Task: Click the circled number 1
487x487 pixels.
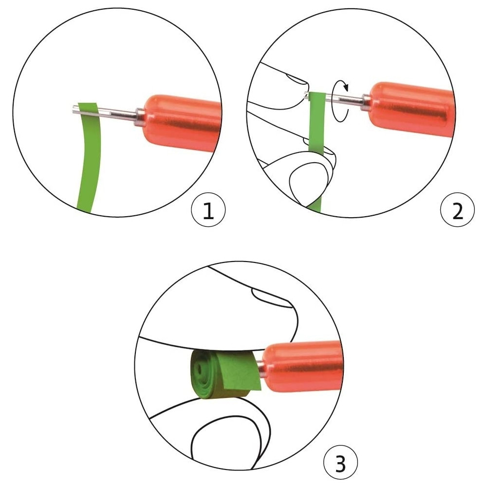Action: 208,210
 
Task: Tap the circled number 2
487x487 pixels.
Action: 457,210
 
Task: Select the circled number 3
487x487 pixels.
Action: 340,463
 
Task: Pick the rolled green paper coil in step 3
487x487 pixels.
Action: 225,374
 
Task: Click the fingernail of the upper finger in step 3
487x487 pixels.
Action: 272,297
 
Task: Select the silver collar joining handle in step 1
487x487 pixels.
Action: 139,117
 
